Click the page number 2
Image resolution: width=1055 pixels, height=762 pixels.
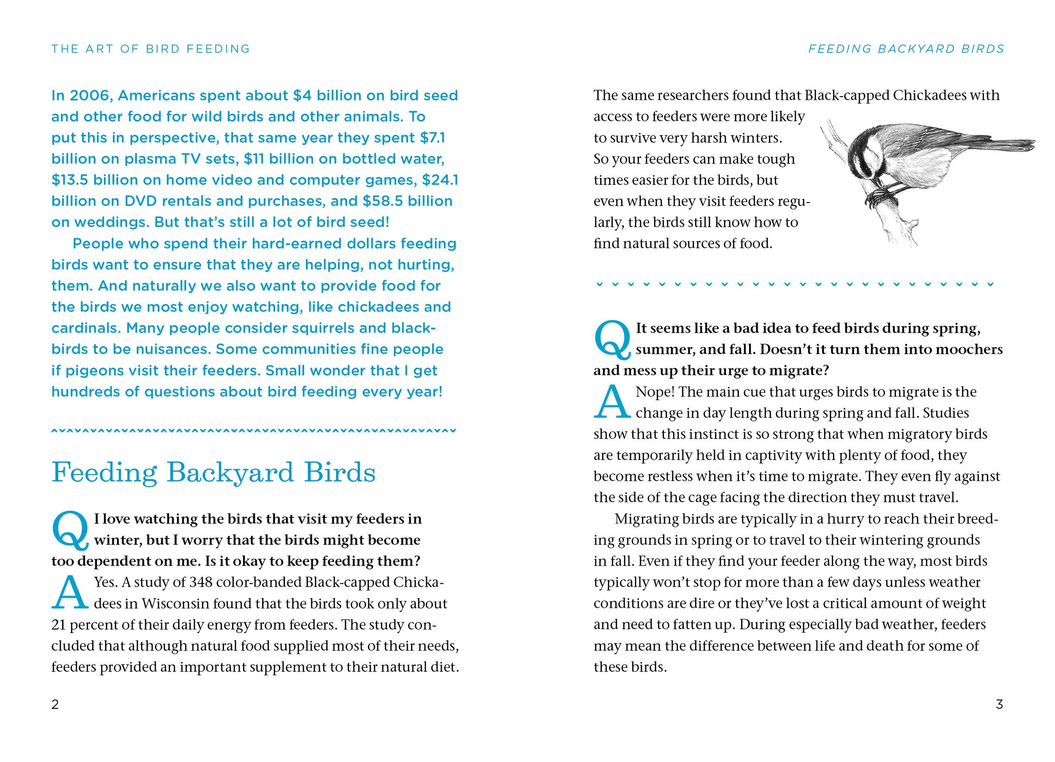55,704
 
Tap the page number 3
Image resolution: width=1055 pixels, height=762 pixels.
999,704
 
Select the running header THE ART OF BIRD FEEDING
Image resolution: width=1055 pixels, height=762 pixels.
151,49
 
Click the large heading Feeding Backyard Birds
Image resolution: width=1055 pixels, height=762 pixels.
213,472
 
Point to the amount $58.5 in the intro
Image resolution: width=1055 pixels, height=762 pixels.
383,201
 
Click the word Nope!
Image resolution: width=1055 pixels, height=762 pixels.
655,392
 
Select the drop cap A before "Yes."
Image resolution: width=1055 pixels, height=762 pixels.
70,593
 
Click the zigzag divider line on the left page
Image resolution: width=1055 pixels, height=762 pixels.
254,431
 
